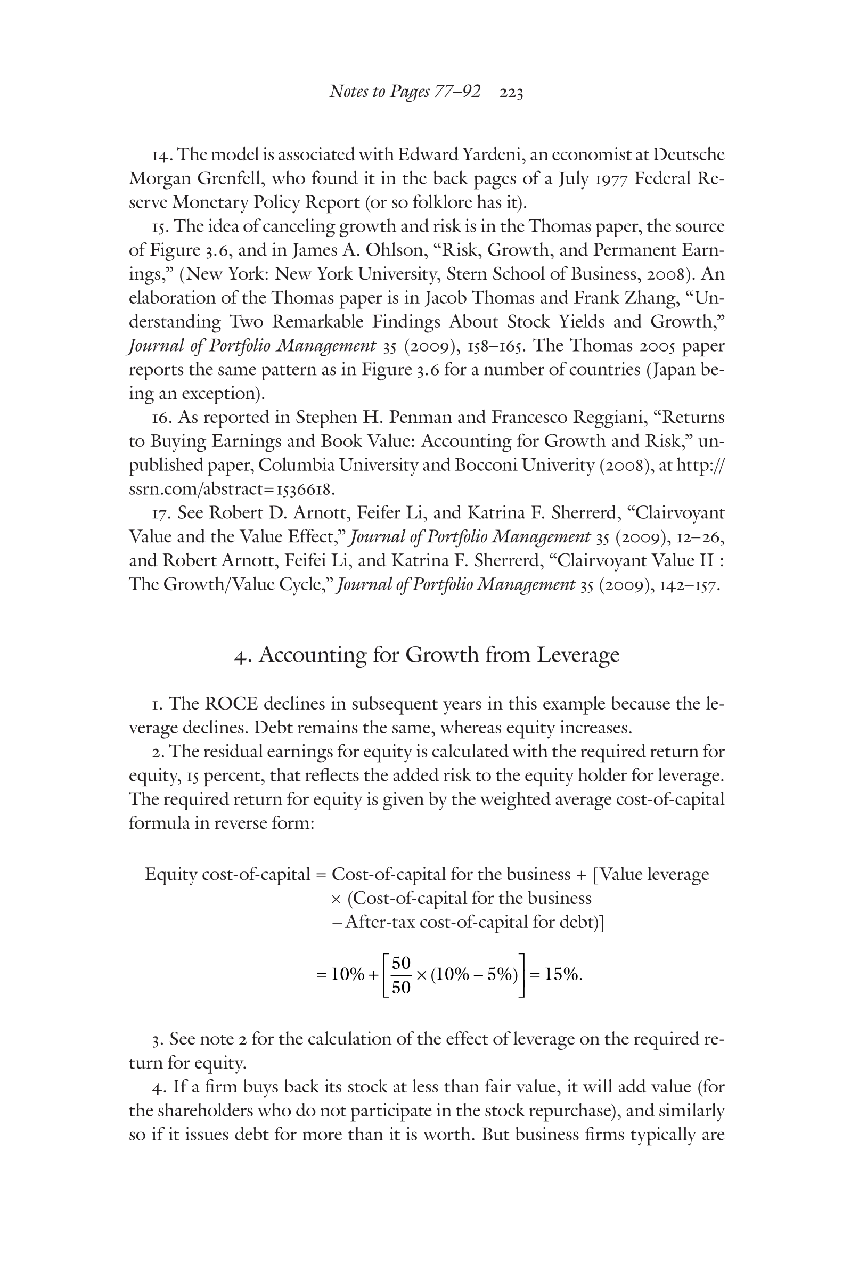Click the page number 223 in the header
[511, 94]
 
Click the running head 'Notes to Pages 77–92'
[405, 92]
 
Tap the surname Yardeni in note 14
[493, 155]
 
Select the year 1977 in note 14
[603, 179]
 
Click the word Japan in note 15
[675, 370]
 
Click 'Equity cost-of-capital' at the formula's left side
[227, 875]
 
